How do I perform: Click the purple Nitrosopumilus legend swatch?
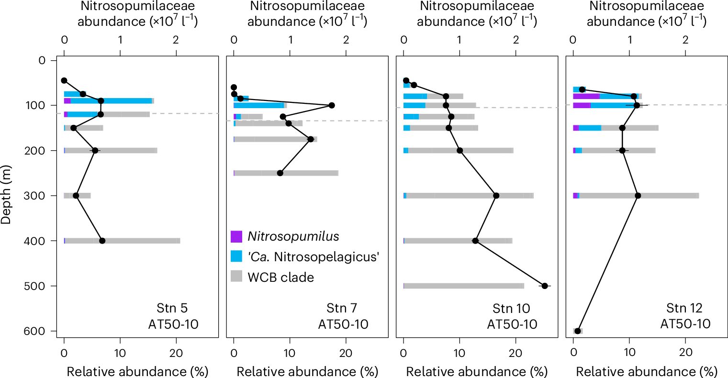237,236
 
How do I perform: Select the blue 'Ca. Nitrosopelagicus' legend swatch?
237,256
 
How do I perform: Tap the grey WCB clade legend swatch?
237,277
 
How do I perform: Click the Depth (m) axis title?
6,195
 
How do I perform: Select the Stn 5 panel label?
173,308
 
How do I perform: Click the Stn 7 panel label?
342,308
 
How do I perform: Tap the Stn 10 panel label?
512,308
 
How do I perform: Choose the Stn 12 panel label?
684,308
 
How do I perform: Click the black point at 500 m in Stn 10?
545,286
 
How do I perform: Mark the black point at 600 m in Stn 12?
578,331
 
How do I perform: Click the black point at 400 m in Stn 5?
102,241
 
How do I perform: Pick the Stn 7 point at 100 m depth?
331,105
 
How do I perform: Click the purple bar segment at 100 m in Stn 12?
582,105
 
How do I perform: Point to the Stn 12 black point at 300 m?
638,196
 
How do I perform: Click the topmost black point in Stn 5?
64,80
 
